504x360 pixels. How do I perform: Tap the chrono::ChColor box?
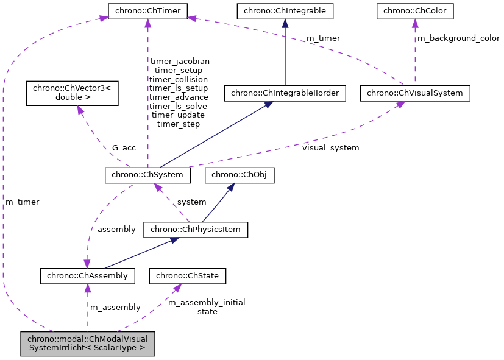(x=414, y=10)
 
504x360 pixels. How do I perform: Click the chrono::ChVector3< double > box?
(x=72, y=93)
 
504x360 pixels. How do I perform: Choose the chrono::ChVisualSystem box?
(x=415, y=93)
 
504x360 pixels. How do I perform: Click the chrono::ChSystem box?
(x=148, y=175)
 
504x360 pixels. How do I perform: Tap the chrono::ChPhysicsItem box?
(x=196, y=230)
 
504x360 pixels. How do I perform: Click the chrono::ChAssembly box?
(x=87, y=276)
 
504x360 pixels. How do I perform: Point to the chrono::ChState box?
(x=188, y=276)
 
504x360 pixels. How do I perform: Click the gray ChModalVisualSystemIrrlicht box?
(x=87, y=344)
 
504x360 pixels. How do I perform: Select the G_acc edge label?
(x=124, y=148)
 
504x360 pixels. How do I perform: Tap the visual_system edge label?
(x=331, y=147)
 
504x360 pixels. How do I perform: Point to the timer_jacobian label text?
(x=179, y=61)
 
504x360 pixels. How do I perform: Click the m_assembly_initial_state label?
(x=206, y=307)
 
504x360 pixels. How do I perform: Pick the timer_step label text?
(x=179, y=124)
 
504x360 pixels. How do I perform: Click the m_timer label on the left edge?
(x=22, y=202)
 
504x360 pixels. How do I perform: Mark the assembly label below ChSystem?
(x=116, y=230)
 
